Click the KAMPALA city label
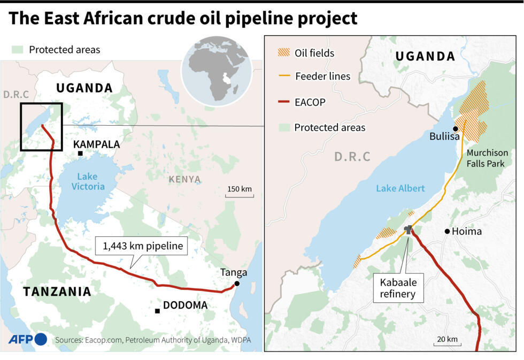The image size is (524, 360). [96, 144]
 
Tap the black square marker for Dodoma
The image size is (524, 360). [157, 311]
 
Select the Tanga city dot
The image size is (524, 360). [236, 284]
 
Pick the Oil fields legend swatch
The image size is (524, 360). [283, 52]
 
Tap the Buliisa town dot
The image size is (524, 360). [455, 129]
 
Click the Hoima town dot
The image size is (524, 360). [447, 231]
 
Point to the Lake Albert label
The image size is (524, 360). [400, 188]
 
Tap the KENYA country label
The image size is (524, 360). [184, 179]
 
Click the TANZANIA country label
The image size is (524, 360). [57, 292]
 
